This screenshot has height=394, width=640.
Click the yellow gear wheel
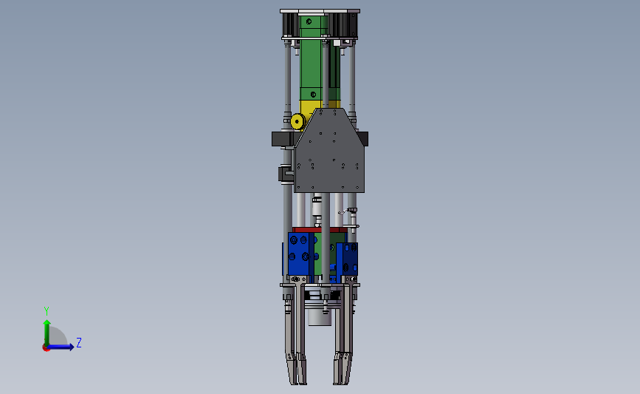coord(297,121)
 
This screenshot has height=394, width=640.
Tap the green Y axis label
coord(47,311)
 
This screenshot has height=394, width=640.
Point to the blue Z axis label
coord(79,342)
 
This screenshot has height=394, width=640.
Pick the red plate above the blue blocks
coord(320,230)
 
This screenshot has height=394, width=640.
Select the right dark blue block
coord(348,258)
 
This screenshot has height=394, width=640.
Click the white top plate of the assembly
coord(320,11)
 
